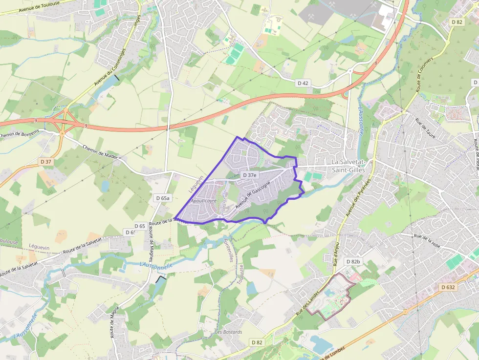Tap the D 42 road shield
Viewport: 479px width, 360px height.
(303, 83)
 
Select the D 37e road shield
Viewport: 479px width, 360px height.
(250, 175)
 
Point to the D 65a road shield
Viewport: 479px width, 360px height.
(162, 198)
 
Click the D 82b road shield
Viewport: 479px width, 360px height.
(353, 262)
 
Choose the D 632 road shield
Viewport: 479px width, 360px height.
(447, 287)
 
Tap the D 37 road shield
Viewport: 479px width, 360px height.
(46, 161)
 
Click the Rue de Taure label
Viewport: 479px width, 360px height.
(425, 128)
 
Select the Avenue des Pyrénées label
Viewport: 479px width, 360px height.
(358, 198)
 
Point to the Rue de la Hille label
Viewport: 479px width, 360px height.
(427, 241)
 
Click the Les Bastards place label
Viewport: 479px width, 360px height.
(229, 332)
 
